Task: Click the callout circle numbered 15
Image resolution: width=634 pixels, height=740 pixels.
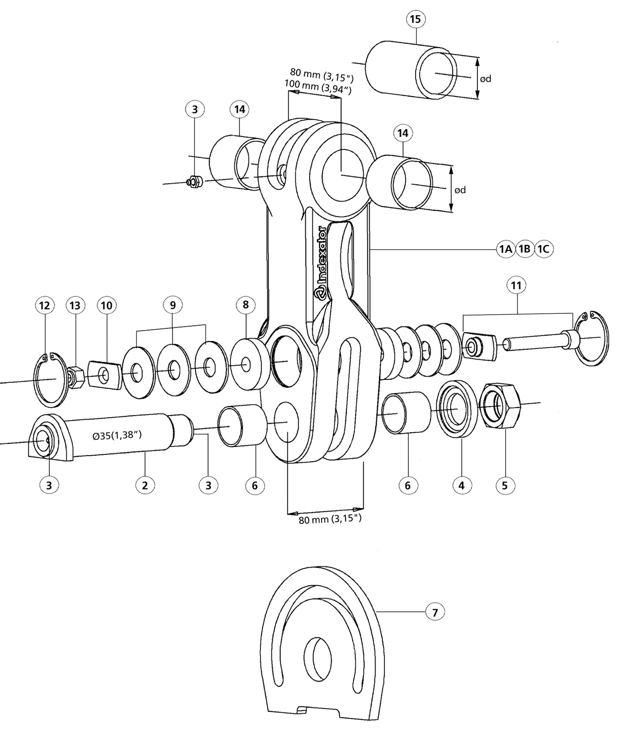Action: click(x=416, y=19)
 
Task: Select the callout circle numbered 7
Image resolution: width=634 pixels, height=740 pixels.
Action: click(x=435, y=612)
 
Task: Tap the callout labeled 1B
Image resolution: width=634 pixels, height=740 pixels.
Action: click(x=524, y=249)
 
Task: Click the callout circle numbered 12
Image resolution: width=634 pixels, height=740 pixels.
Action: click(x=44, y=306)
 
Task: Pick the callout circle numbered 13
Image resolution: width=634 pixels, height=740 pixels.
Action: click(x=75, y=306)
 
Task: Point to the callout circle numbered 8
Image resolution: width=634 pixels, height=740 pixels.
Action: click(x=246, y=305)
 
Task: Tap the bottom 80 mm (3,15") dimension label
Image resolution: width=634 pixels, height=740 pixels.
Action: click(x=330, y=519)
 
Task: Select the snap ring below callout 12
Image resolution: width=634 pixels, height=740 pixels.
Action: click(x=51, y=379)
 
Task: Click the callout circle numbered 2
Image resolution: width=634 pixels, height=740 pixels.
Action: click(x=145, y=485)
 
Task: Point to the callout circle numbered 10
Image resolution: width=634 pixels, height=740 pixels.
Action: click(x=106, y=306)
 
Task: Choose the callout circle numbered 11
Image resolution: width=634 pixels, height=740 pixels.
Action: click(x=516, y=285)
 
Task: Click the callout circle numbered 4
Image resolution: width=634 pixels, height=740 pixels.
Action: click(x=462, y=485)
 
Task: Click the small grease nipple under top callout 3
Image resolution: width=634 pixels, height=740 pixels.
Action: click(x=195, y=182)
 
